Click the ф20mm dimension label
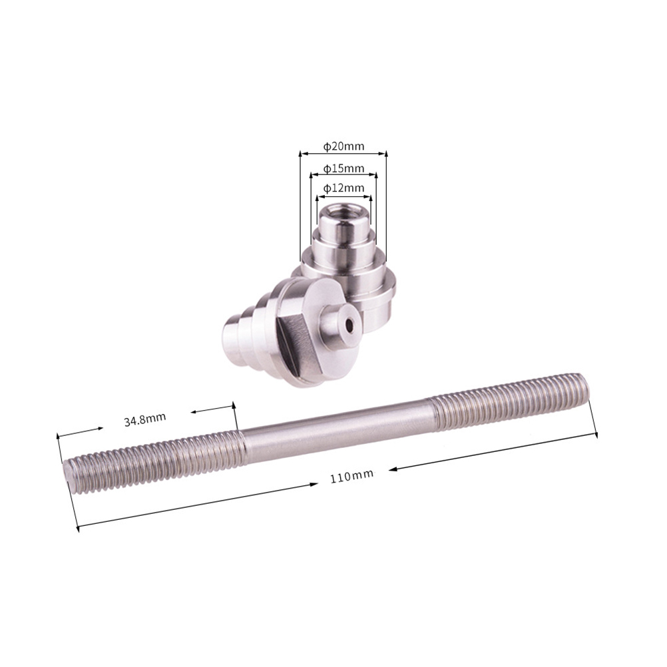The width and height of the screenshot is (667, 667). (343, 146)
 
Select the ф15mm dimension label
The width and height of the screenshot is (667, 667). (343, 168)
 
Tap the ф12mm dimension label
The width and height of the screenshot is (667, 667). (343, 188)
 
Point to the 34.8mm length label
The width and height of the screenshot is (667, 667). (144, 419)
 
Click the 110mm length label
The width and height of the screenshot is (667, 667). (351, 476)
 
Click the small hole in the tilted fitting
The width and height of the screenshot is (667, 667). (349, 326)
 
